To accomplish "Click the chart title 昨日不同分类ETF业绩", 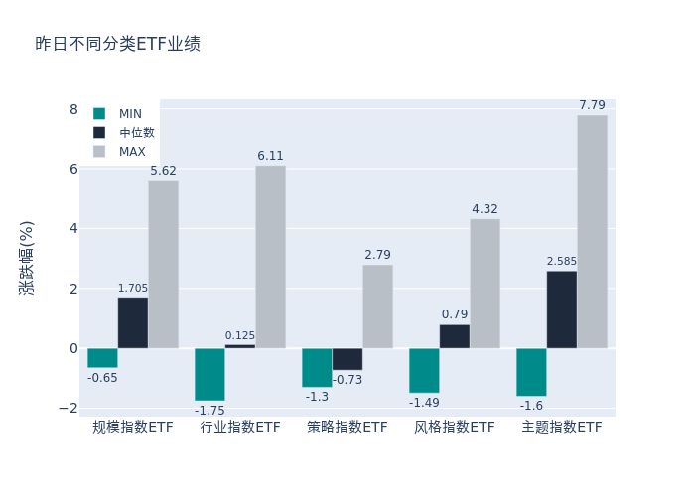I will (x=117, y=44).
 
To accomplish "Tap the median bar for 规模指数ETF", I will (x=133, y=322).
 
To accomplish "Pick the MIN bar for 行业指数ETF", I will (x=209, y=374).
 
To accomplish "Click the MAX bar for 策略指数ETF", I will (x=377, y=307).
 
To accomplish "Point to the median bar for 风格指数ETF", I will (x=455, y=336).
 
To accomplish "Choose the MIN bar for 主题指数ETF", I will (x=531, y=372).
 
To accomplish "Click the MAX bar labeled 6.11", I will (x=270, y=257).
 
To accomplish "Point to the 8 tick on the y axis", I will (x=72, y=109).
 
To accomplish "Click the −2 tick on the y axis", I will (x=69, y=408).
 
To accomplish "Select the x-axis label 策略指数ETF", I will (x=347, y=428).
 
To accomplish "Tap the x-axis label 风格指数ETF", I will (x=455, y=428).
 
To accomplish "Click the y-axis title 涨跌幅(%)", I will (x=27, y=258).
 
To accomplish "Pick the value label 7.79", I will (x=592, y=105).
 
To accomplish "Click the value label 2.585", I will (x=561, y=262).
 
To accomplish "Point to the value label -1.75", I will (x=209, y=411).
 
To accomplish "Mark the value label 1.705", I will (x=133, y=289).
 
